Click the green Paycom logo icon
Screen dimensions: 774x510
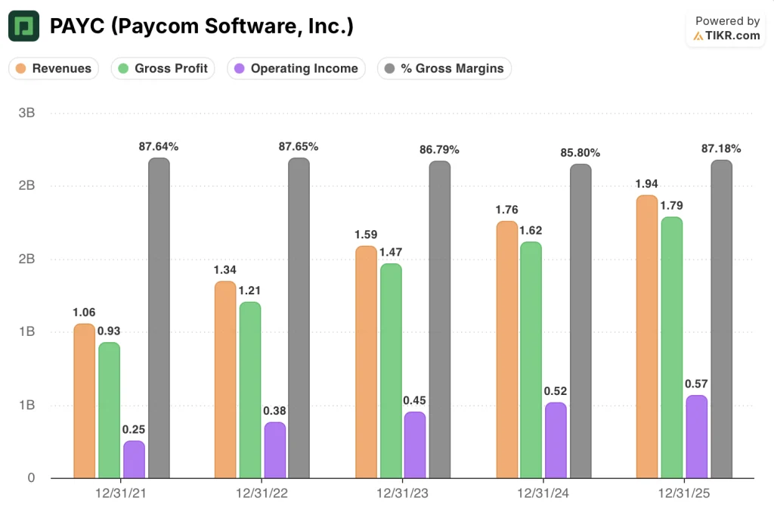pos(23,26)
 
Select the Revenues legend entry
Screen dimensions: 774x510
pos(54,68)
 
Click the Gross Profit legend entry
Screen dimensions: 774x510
pos(163,68)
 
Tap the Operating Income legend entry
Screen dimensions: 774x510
pos(296,68)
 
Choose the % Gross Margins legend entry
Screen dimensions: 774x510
pos(444,68)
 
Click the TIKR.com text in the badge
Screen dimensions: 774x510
pos(732,36)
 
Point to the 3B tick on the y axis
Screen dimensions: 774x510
pos(26,113)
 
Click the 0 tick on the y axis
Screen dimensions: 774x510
pos(31,477)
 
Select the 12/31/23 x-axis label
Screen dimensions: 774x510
pos(402,493)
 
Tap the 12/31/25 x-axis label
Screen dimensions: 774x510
pos(683,493)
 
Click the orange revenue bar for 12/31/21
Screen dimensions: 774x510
pos(85,401)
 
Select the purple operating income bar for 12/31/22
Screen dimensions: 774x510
pos(275,450)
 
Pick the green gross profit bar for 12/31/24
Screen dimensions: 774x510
pos(531,359)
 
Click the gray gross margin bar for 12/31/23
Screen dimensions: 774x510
pos(440,319)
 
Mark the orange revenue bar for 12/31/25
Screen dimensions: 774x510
pos(647,337)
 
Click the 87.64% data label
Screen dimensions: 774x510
pos(159,146)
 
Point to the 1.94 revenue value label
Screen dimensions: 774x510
pos(647,184)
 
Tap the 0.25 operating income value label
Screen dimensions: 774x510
pos(134,430)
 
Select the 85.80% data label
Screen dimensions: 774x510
pos(580,153)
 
